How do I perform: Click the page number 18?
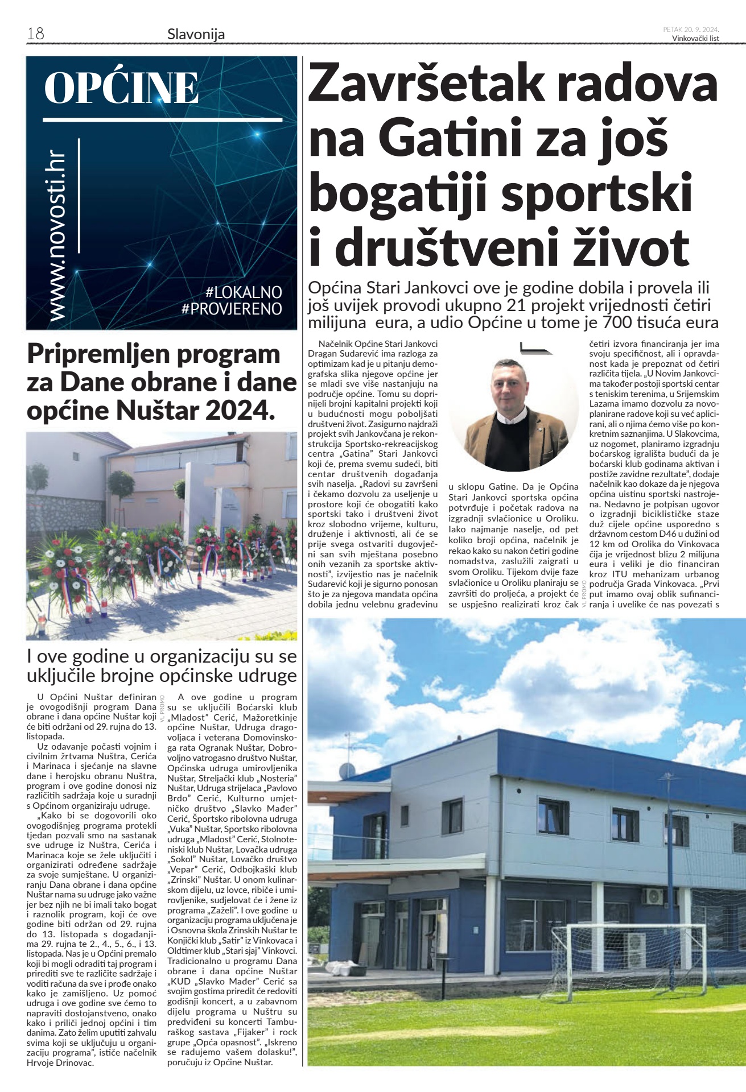point(35,34)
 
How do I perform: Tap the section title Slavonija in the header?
point(196,35)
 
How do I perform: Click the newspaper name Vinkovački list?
point(695,39)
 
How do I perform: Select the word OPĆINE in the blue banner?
point(121,88)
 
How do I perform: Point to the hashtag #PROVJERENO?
point(232,309)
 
